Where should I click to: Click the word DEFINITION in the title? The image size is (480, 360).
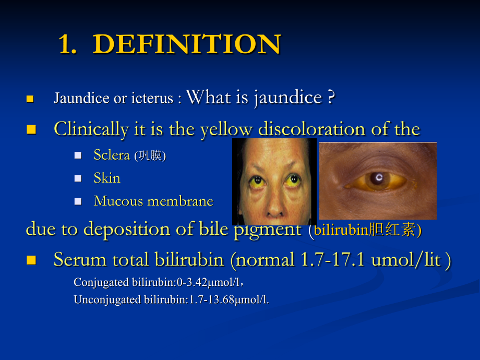pos(187,44)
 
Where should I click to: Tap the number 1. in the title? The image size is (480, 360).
pos(67,44)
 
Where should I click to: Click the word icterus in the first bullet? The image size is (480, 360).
pos(152,98)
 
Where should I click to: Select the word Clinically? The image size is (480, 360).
pos(91,129)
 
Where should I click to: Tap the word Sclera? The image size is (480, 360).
pos(112,155)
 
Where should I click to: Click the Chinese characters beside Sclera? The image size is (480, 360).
pos(150,155)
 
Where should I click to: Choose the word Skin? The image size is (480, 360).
pos(107,178)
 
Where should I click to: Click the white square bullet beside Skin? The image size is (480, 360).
pos(78,178)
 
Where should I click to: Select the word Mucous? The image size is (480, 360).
pos(118,201)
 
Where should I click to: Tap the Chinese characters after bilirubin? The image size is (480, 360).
pos(393,230)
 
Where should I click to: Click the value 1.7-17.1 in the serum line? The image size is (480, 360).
pos(332,260)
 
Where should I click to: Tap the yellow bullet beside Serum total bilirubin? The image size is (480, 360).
pos(31,260)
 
